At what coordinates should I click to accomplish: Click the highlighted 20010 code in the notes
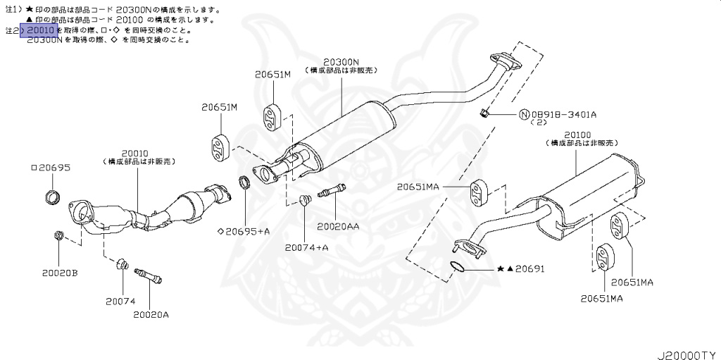click(x=41, y=31)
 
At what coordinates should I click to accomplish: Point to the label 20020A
click(x=151, y=314)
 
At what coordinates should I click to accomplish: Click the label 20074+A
click(x=306, y=247)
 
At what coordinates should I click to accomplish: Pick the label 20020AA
click(x=337, y=226)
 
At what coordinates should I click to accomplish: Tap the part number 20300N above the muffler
click(x=341, y=61)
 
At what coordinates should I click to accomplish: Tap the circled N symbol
click(x=525, y=114)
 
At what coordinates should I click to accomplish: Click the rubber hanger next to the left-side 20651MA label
click(x=478, y=192)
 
